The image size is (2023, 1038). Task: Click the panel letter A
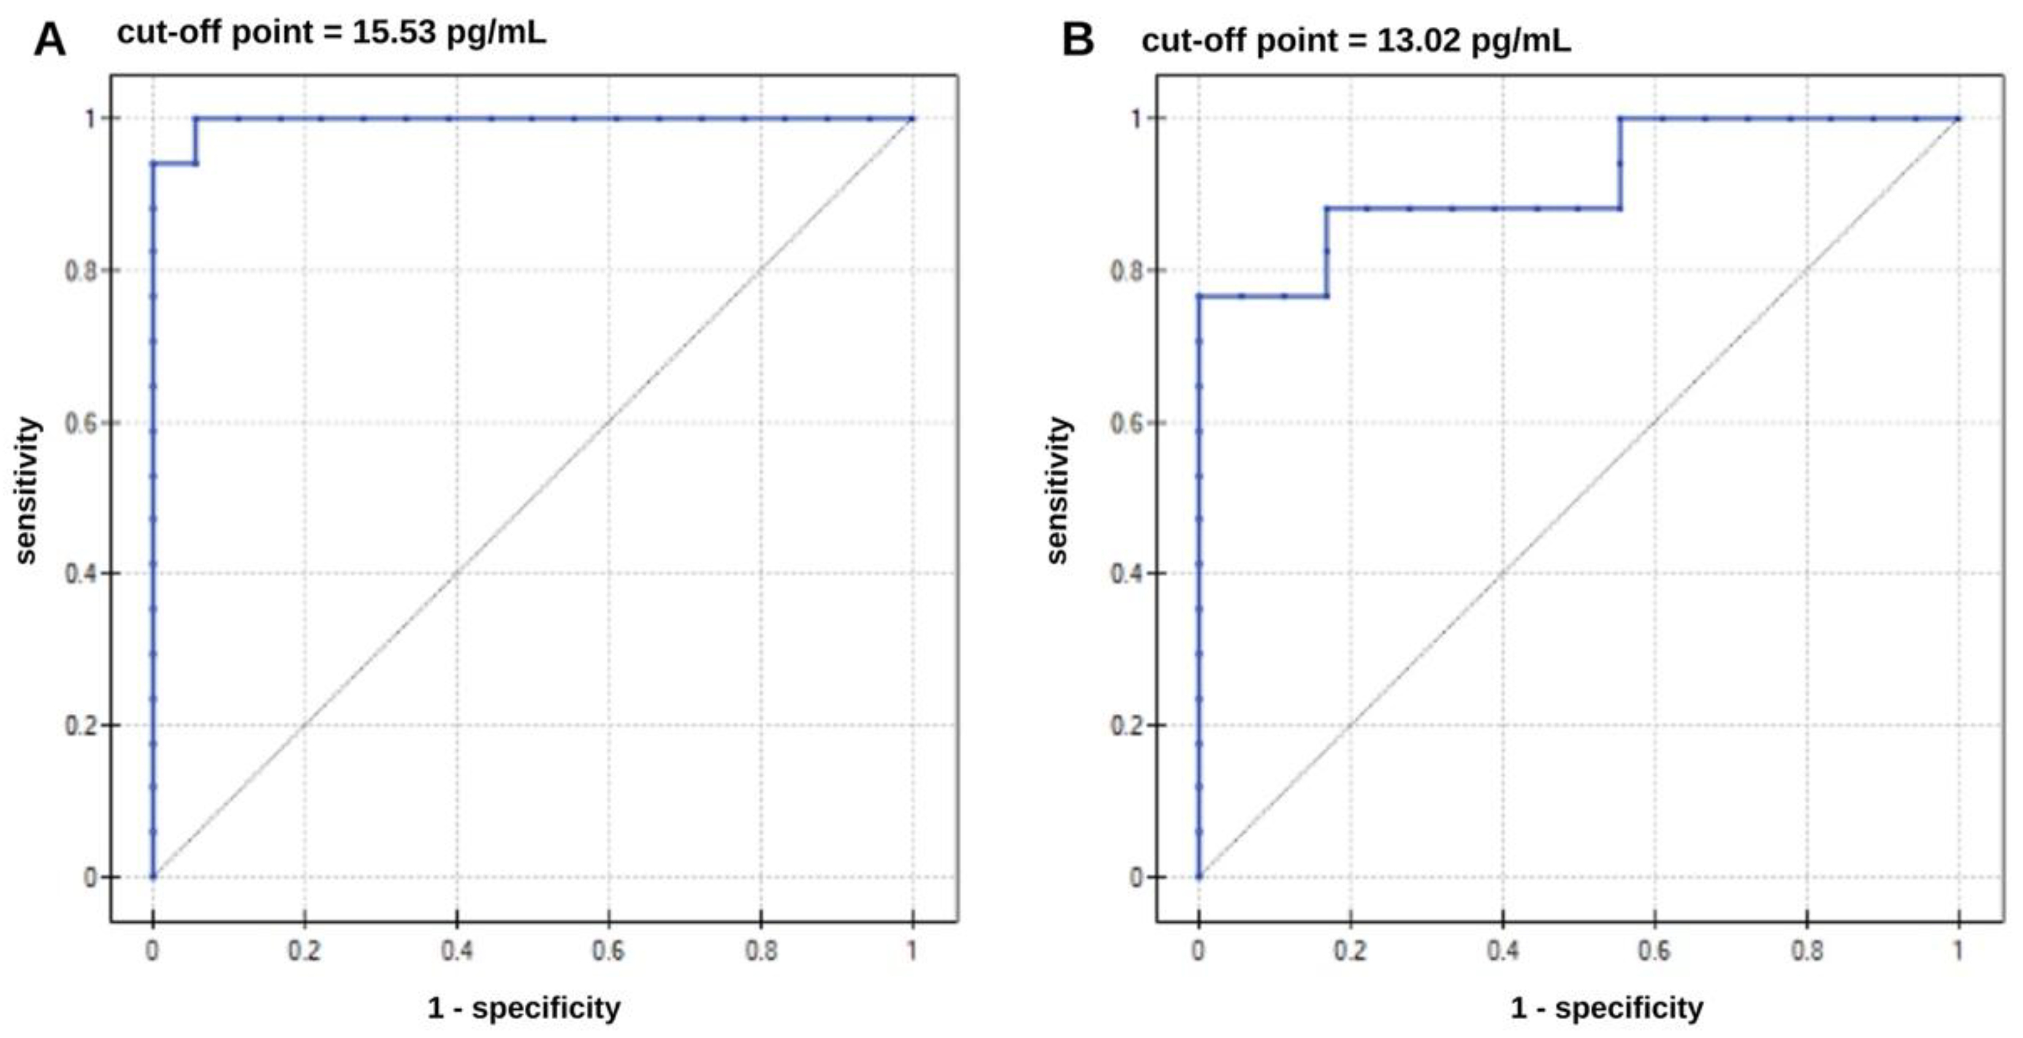click(x=50, y=39)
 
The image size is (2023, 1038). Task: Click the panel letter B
click(x=1078, y=39)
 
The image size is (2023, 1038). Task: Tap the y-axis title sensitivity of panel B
click(x=1058, y=491)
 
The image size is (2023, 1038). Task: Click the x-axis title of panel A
click(x=524, y=1007)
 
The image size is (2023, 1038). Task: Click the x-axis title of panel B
click(x=1607, y=1007)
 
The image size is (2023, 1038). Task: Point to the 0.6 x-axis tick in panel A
click(x=608, y=952)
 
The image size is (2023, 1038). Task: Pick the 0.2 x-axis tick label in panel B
click(x=1349, y=952)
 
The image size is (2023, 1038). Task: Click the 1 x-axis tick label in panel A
click(x=912, y=952)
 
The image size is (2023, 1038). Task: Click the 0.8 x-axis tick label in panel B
click(x=1806, y=952)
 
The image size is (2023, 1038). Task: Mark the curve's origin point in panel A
click(x=153, y=877)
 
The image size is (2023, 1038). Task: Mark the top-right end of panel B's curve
click(x=1958, y=118)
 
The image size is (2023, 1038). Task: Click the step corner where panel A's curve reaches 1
click(x=196, y=118)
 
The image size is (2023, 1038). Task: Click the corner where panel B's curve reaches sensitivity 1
click(x=1620, y=118)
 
